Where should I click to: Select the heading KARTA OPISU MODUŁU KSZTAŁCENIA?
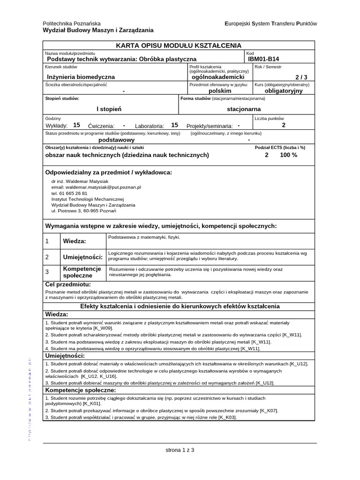[179, 45]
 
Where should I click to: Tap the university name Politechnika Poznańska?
[71, 23]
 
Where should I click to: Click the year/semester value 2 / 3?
[301, 77]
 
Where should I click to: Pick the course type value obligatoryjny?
[284, 91]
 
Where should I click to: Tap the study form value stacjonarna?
[243, 109]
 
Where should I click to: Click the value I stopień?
[109, 109]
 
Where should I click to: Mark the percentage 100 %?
[289, 155]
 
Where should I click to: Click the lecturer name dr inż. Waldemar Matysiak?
[80, 180]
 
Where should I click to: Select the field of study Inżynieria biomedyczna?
[81, 77]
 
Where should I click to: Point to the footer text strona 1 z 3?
[180, 450]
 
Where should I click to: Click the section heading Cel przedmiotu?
[67, 285]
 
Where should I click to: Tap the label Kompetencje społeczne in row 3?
[82, 272]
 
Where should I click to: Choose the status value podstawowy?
[116, 140]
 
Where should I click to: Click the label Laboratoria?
[150, 126]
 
